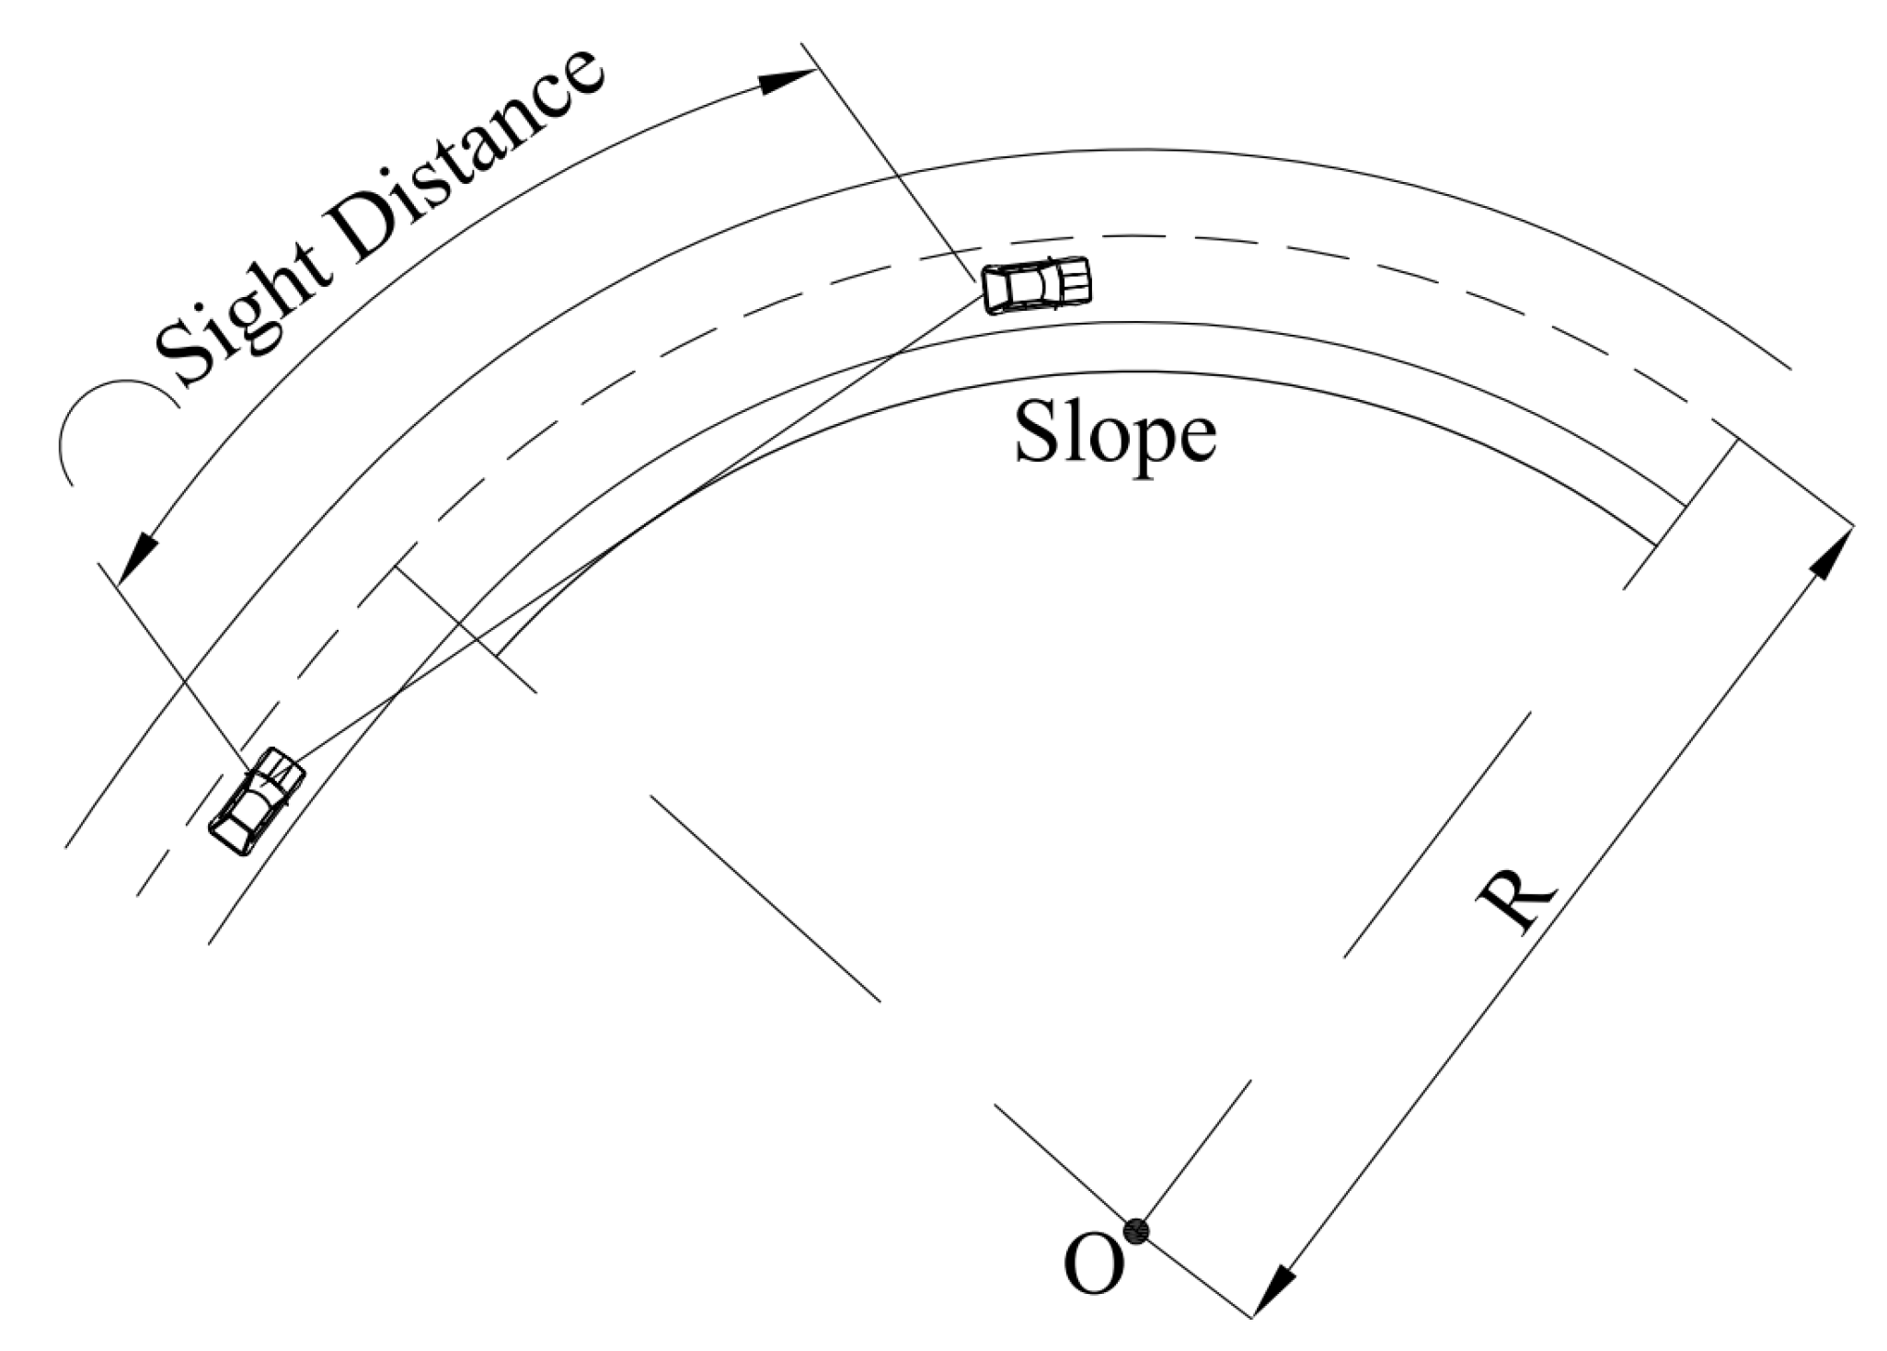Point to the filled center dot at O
pos(1137,1231)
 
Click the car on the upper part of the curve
pos(1037,285)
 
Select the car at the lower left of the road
pos(257,801)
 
